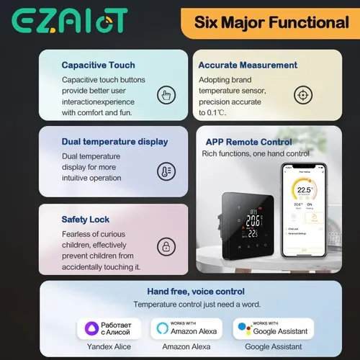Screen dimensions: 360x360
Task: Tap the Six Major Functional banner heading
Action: [271, 23]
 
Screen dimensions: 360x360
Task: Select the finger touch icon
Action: [166, 95]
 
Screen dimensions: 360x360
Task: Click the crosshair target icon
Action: [301, 95]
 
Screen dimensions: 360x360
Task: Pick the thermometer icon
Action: [166, 171]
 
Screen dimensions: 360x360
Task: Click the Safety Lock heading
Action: [86, 219]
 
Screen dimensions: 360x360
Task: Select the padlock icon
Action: [166, 247]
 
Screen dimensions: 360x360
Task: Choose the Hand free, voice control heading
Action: [196, 292]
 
